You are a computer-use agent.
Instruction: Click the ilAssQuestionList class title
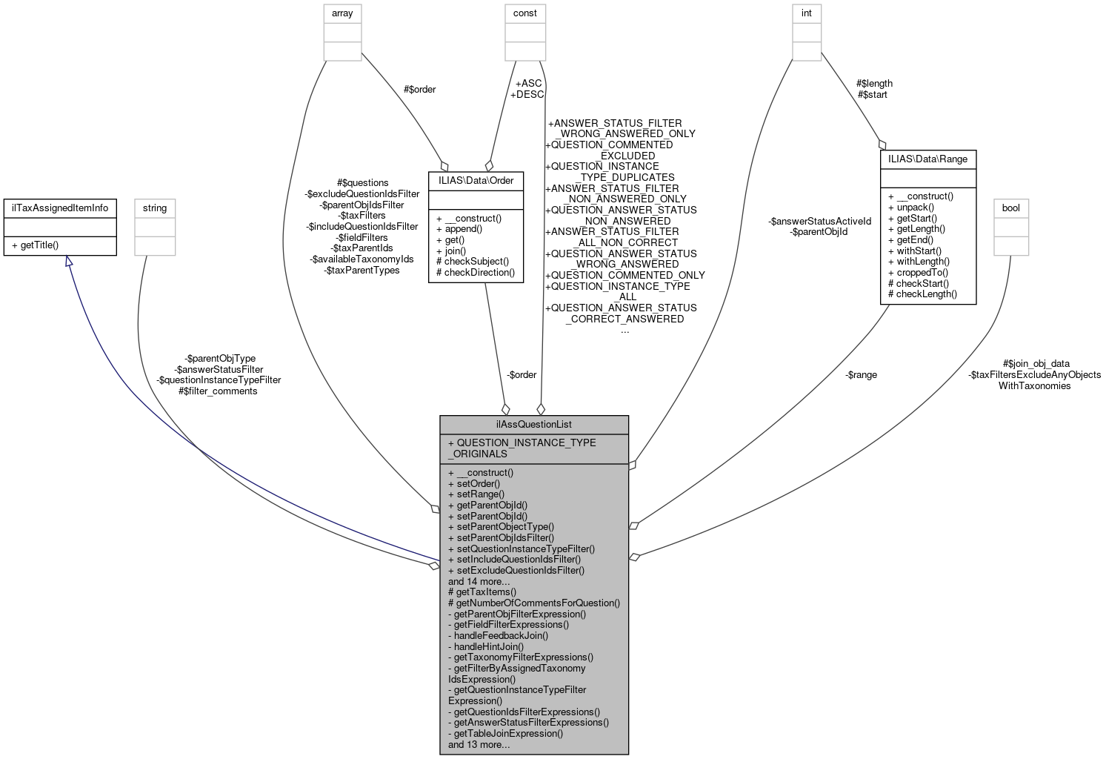tap(533, 425)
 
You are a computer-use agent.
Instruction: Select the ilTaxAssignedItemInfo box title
tap(60, 208)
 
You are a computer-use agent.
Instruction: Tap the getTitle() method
tap(39, 245)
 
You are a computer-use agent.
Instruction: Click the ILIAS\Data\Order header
tap(476, 180)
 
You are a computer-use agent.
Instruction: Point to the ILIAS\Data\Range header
tap(927, 159)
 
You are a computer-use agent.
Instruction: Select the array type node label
tap(342, 13)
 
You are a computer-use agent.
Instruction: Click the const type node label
tap(525, 13)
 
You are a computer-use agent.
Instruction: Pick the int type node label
tap(807, 13)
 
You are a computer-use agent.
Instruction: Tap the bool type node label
tap(1010, 208)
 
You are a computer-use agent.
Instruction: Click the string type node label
tap(155, 208)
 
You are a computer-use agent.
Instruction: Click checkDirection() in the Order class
tap(476, 272)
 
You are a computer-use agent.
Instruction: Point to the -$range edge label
tap(861, 375)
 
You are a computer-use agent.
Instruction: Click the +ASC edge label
tap(528, 83)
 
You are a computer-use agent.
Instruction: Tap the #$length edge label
tap(874, 83)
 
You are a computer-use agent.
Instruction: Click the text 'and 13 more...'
tap(479, 744)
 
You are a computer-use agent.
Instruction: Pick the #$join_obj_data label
tap(1036, 364)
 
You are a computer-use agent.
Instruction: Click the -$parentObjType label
tap(220, 358)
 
